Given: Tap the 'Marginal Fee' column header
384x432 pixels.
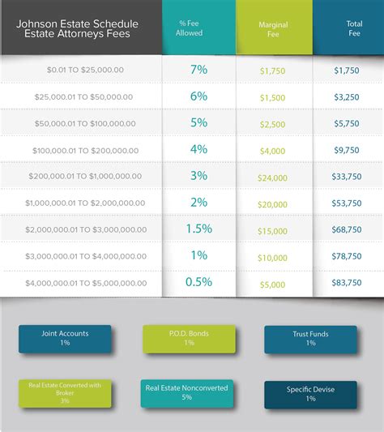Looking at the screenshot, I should click(x=273, y=28).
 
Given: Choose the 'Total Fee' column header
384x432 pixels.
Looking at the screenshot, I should click(x=348, y=28).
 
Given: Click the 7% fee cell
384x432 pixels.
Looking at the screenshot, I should click(x=198, y=70).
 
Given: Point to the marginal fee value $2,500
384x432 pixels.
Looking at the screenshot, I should click(x=273, y=124).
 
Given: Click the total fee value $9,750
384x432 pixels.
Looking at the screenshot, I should click(x=348, y=151).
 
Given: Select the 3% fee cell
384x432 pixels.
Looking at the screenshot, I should click(x=198, y=176).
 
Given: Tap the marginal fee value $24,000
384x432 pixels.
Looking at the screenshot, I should click(x=273, y=178).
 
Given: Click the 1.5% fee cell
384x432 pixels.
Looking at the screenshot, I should click(x=198, y=229).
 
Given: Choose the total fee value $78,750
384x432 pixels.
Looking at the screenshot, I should click(x=348, y=256).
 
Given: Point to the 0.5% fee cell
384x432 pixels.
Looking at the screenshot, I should click(x=198, y=282).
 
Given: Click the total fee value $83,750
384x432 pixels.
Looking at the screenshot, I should click(x=348, y=283).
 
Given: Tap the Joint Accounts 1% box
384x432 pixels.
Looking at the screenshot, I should click(x=65, y=338).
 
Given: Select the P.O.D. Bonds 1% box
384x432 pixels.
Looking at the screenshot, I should click(x=188, y=338).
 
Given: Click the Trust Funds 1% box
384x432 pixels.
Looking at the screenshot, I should click(x=310, y=339).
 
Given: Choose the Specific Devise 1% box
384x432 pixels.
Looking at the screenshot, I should click(x=310, y=394).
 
